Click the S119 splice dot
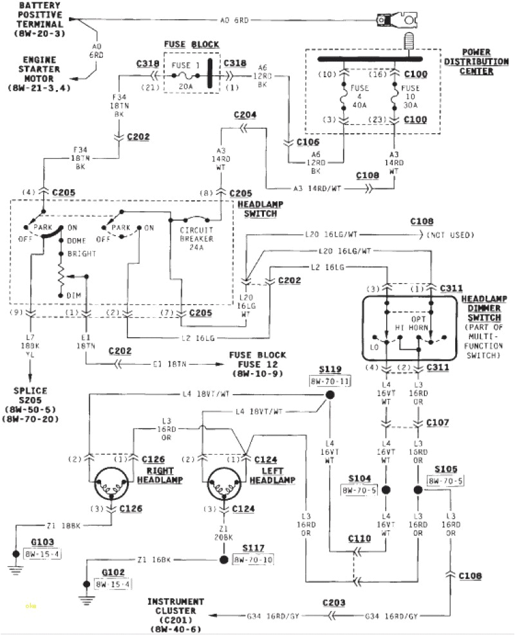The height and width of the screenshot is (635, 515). (x=329, y=396)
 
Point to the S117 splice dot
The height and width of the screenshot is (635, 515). (x=223, y=559)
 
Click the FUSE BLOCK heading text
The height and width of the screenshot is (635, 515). (x=191, y=44)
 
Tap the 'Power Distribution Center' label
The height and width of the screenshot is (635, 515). (x=476, y=61)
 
